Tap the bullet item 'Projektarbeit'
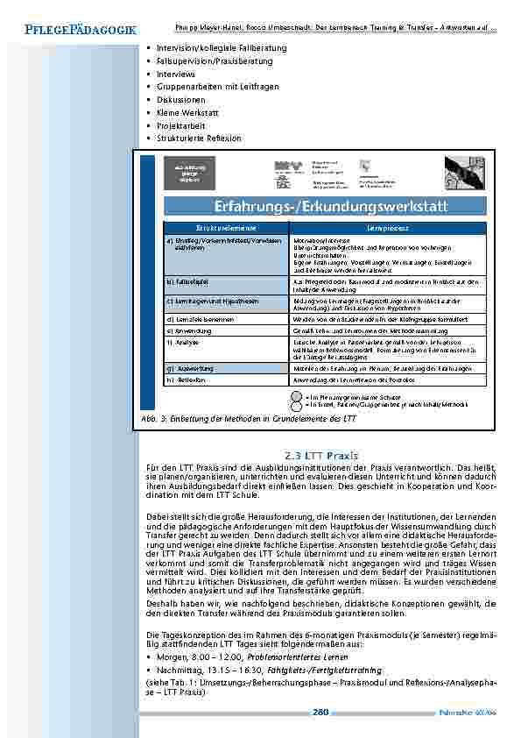[180, 125]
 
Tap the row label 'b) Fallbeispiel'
[187, 281]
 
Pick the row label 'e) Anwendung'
[187, 331]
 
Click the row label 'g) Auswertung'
[189, 369]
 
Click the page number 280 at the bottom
[320, 711]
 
